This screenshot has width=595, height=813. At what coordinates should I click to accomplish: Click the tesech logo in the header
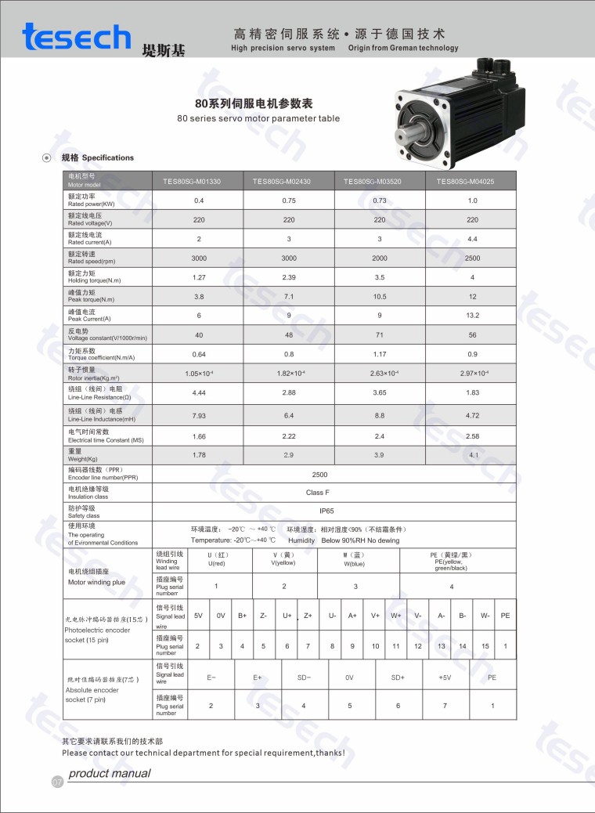click(77, 37)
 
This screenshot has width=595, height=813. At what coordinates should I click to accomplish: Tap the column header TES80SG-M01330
click(197, 182)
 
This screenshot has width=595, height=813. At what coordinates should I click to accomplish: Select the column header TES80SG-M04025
click(471, 182)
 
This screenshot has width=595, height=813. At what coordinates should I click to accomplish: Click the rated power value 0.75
click(289, 201)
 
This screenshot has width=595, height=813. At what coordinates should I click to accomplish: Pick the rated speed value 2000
click(380, 258)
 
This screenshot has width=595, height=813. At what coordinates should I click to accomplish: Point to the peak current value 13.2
click(472, 316)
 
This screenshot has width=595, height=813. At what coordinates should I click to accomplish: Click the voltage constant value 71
click(380, 334)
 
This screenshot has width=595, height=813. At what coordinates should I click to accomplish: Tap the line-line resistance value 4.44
click(199, 392)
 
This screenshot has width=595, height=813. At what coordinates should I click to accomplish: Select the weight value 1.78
click(199, 455)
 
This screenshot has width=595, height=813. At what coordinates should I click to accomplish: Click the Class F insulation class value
click(318, 493)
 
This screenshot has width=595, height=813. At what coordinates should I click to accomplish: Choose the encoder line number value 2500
click(319, 474)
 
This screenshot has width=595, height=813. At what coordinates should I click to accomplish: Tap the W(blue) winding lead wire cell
click(354, 560)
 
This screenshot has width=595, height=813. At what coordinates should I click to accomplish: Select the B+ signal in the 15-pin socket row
click(243, 616)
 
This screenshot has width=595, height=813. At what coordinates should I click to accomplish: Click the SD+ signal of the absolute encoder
click(398, 677)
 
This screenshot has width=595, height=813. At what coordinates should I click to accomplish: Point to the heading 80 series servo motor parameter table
click(258, 119)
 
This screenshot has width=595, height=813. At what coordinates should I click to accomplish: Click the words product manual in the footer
click(110, 774)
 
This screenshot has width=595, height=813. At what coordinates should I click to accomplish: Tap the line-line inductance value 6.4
click(289, 415)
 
